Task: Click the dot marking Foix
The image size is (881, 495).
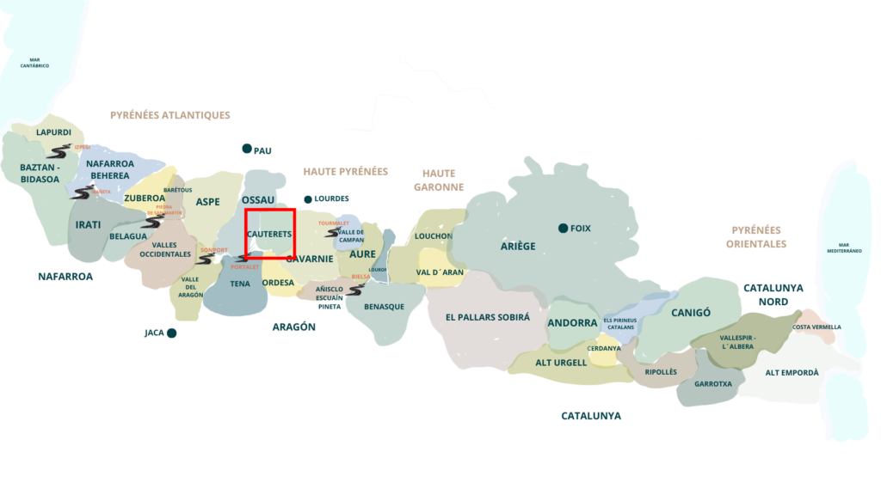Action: click(x=563, y=228)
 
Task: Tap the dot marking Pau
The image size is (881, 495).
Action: click(x=247, y=149)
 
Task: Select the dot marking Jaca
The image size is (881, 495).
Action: click(x=172, y=333)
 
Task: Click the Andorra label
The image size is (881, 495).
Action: click(x=572, y=323)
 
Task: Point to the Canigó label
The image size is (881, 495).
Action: click(x=691, y=313)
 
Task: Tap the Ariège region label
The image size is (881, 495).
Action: click(x=518, y=247)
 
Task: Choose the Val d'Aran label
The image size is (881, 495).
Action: click(x=440, y=272)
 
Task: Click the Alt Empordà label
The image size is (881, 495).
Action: click(x=792, y=373)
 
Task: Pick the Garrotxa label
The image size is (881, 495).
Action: click(x=712, y=384)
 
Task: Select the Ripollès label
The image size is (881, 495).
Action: click(x=661, y=372)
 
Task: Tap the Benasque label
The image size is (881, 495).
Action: click(x=384, y=307)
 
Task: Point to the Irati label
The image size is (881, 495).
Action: click(x=88, y=225)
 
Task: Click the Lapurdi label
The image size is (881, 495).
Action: click(x=53, y=133)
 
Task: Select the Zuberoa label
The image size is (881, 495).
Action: click(x=143, y=199)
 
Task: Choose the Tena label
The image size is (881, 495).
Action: click(x=240, y=284)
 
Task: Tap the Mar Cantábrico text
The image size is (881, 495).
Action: click(x=34, y=63)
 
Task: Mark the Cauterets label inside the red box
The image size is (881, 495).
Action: click(x=269, y=234)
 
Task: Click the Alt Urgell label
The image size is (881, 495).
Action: click(x=561, y=363)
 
